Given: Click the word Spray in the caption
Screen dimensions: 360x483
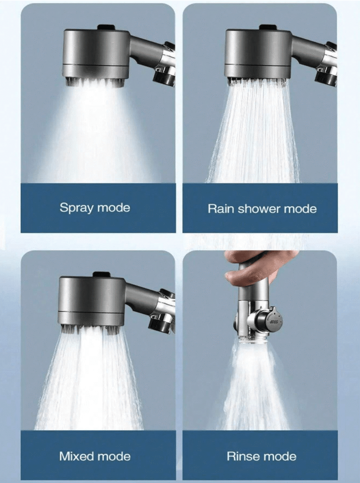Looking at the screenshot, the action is (x=76, y=208).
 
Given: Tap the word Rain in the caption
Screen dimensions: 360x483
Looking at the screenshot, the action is (x=221, y=208).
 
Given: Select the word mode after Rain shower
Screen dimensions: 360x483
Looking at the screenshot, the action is (x=300, y=208).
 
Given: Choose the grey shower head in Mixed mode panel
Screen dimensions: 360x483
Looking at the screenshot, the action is (x=92, y=303).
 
